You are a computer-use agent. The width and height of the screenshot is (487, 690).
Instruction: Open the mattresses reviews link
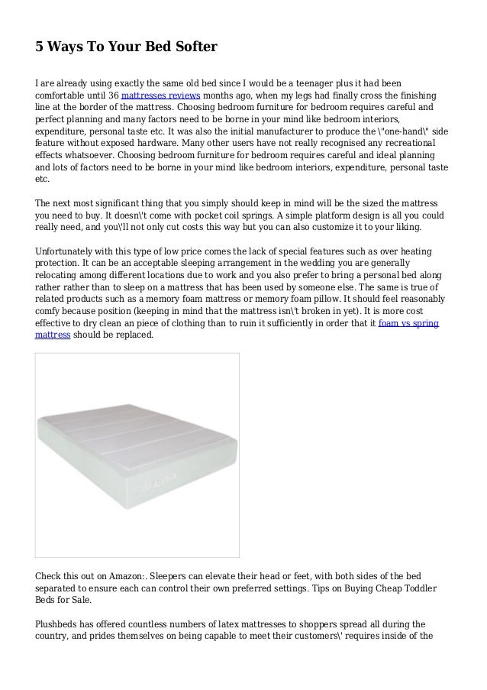(161, 96)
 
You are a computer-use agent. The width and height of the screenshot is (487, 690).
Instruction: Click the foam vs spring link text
(408, 323)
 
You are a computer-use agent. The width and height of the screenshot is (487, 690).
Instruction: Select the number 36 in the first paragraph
(112, 96)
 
